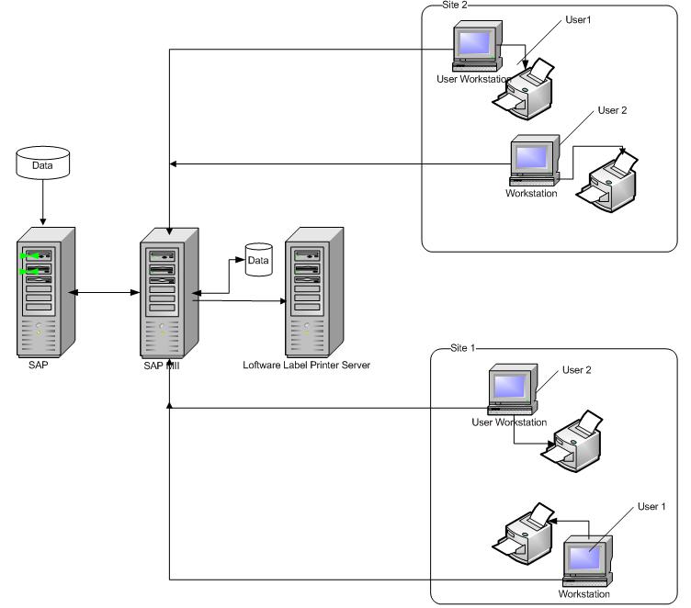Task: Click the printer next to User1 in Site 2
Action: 525,90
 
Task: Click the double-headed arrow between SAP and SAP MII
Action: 106,293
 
